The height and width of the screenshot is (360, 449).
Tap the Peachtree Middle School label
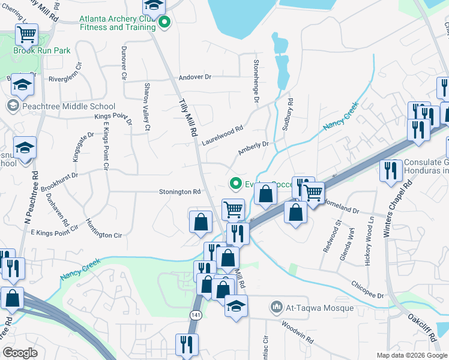tap(60, 106)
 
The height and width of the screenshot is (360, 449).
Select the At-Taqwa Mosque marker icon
tap(277, 307)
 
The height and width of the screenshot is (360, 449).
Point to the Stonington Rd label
tap(179, 192)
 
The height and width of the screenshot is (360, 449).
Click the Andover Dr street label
tap(196, 77)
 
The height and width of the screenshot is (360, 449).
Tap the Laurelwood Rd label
tap(222, 132)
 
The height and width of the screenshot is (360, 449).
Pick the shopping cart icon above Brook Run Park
tap(26, 35)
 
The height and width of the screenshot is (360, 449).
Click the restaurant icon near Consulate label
tap(391, 170)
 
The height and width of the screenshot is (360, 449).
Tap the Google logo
tap(20, 353)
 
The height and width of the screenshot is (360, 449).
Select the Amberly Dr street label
tap(252, 148)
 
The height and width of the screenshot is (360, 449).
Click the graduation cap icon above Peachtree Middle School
tap(22, 85)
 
